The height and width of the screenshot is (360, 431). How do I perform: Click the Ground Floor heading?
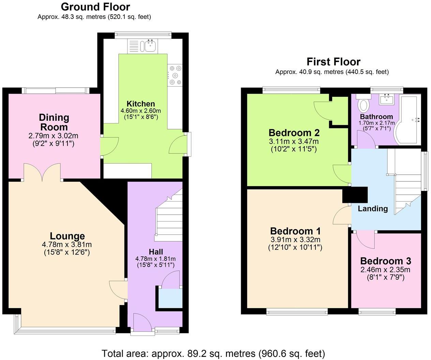(95, 7)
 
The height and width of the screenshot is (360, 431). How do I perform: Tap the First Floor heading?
(333, 62)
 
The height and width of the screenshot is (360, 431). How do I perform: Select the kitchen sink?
(149, 45)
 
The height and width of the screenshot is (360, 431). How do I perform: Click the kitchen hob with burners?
(175, 75)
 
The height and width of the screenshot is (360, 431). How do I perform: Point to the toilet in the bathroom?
(364, 104)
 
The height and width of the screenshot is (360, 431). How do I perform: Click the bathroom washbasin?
(388, 99)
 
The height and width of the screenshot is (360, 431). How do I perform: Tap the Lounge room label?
(67, 236)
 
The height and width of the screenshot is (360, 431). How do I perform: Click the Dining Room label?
(54, 122)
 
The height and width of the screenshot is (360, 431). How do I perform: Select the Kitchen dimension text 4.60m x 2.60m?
(140, 111)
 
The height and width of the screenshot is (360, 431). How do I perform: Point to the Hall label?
(155, 252)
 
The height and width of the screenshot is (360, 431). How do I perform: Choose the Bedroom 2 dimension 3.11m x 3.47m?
(294, 141)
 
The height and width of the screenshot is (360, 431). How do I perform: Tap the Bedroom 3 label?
(385, 261)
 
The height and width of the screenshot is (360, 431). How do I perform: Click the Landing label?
(373, 209)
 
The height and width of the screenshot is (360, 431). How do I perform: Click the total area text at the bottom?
(213, 353)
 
